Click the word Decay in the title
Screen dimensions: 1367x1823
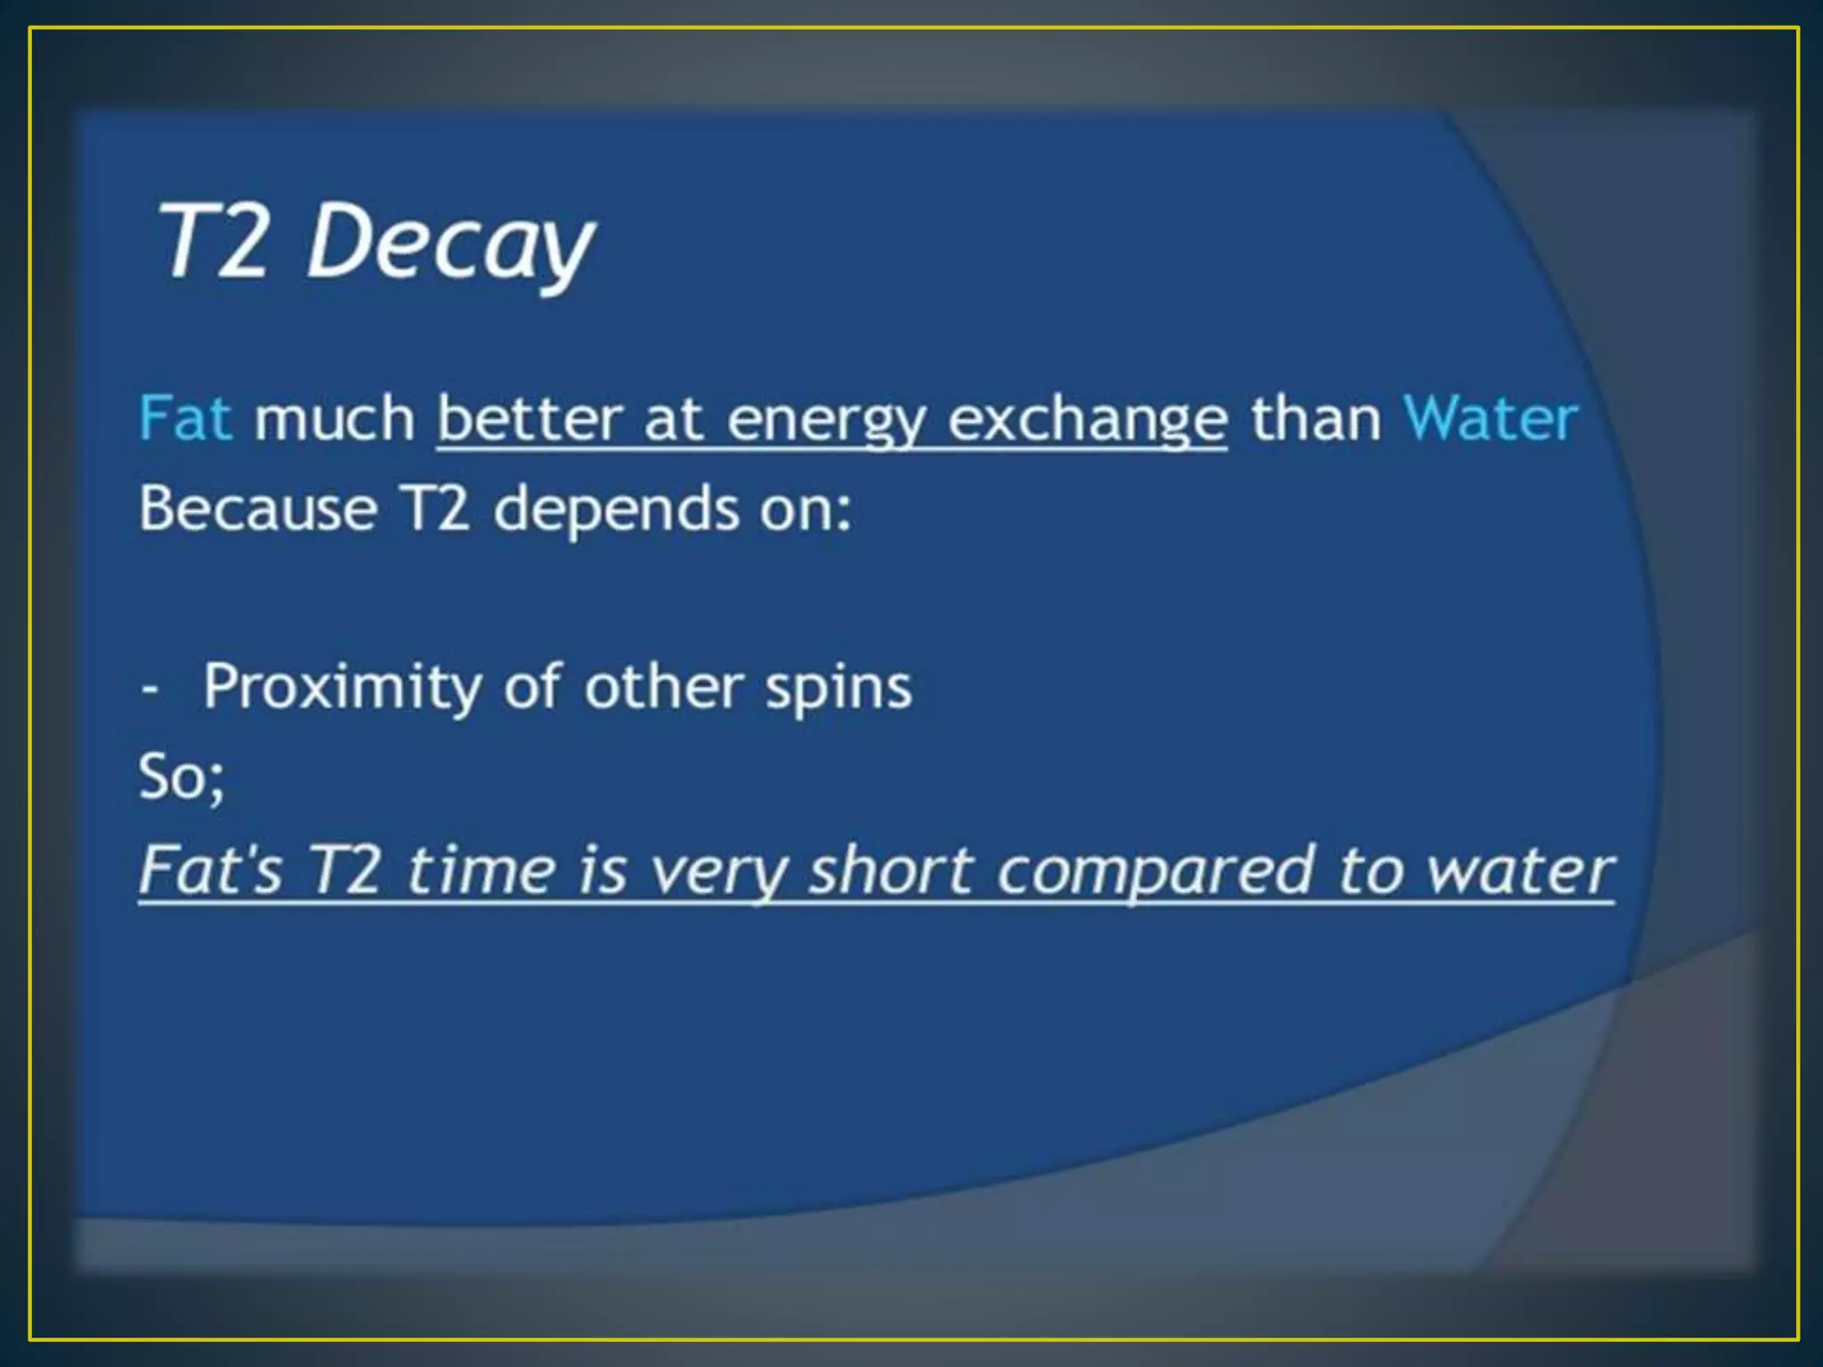click(x=450, y=242)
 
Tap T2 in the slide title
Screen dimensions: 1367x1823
click(x=214, y=240)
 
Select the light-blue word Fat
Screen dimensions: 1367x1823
click(x=185, y=417)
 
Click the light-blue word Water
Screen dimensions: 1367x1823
click(x=1490, y=417)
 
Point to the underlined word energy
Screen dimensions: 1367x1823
click(x=826, y=420)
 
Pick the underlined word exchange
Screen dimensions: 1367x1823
click(x=1087, y=420)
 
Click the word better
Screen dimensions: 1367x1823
click(x=530, y=417)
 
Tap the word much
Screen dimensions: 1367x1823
click(x=335, y=417)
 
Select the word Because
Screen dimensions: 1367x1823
click(x=258, y=508)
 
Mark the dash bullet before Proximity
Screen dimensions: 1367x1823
click(x=150, y=688)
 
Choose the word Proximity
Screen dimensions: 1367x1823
click(x=342, y=688)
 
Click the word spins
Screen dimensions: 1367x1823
click(x=839, y=688)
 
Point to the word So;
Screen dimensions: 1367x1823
click(x=182, y=777)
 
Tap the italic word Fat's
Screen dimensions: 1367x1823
click(x=211, y=870)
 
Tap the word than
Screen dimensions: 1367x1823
click(x=1316, y=417)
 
